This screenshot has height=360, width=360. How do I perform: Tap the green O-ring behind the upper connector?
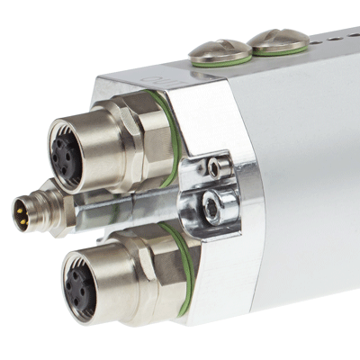[x=167, y=144]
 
